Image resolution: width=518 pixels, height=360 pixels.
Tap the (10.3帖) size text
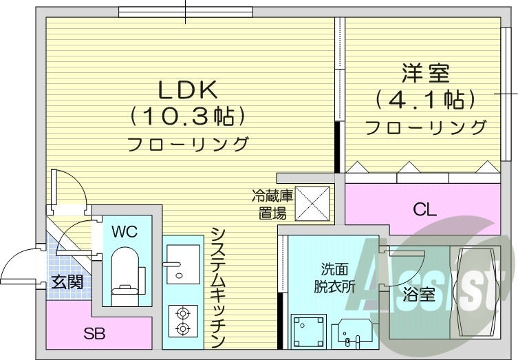click(x=188, y=116)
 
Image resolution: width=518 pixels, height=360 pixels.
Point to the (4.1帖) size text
click(x=426, y=100)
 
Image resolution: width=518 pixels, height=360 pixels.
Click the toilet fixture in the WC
click(x=125, y=273)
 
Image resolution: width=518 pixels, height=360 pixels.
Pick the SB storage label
click(x=94, y=335)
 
